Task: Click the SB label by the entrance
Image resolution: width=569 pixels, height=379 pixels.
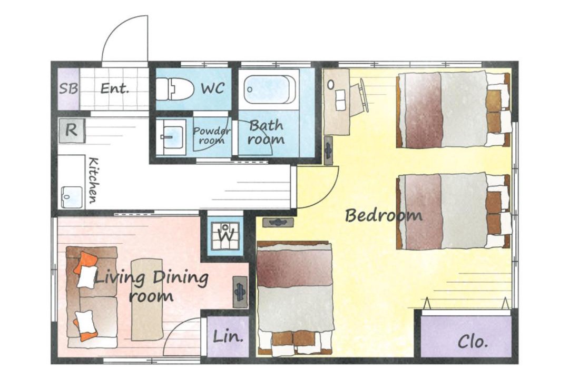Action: click(x=68, y=88)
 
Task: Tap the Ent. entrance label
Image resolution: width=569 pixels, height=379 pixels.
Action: click(x=114, y=88)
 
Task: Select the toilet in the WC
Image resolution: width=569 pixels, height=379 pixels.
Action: click(x=174, y=89)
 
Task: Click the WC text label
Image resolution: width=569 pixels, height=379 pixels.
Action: click(x=213, y=88)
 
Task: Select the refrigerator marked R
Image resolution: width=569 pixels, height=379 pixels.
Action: click(x=72, y=130)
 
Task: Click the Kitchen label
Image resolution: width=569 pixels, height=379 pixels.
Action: click(x=93, y=180)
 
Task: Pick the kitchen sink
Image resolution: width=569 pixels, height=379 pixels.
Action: click(x=72, y=197)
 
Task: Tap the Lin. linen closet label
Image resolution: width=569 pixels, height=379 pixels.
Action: click(x=228, y=336)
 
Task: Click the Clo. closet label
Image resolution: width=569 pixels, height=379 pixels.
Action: click(x=473, y=341)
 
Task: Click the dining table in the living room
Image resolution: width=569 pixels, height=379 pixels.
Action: click(x=147, y=300)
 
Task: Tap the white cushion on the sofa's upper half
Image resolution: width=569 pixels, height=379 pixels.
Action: click(x=87, y=276)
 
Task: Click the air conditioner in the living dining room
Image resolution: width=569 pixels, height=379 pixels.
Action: click(x=240, y=292)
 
